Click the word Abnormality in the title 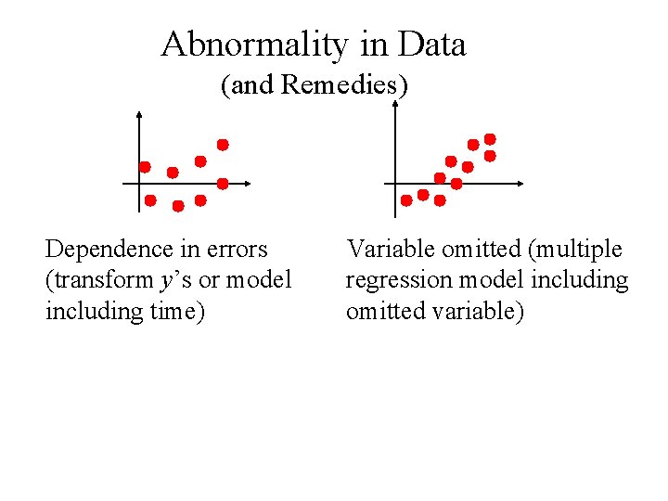pos(243,45)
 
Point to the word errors pos(237,250)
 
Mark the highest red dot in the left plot pos(223,145)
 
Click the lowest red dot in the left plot pos(177,205)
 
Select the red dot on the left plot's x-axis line pos(223,183)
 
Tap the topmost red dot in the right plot pos(490,138)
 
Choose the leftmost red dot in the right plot pos(406,199)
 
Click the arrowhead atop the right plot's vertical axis pos(396,104)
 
